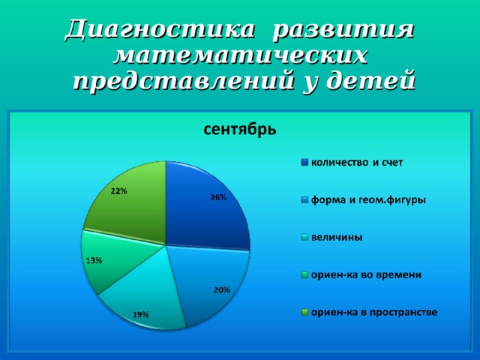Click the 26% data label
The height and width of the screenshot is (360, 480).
218,198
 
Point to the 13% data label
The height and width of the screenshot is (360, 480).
94,261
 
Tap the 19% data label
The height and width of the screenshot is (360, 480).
141,314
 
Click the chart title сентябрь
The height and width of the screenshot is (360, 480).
240,130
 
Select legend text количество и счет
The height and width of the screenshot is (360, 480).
357,163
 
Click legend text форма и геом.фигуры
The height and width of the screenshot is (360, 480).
368,200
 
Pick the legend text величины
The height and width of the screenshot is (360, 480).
337,238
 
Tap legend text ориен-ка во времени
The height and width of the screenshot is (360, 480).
367,275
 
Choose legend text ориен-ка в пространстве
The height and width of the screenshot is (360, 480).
374,313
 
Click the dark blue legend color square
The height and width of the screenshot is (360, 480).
304,163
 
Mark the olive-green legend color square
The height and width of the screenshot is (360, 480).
304,313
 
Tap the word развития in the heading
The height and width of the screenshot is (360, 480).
343,31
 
